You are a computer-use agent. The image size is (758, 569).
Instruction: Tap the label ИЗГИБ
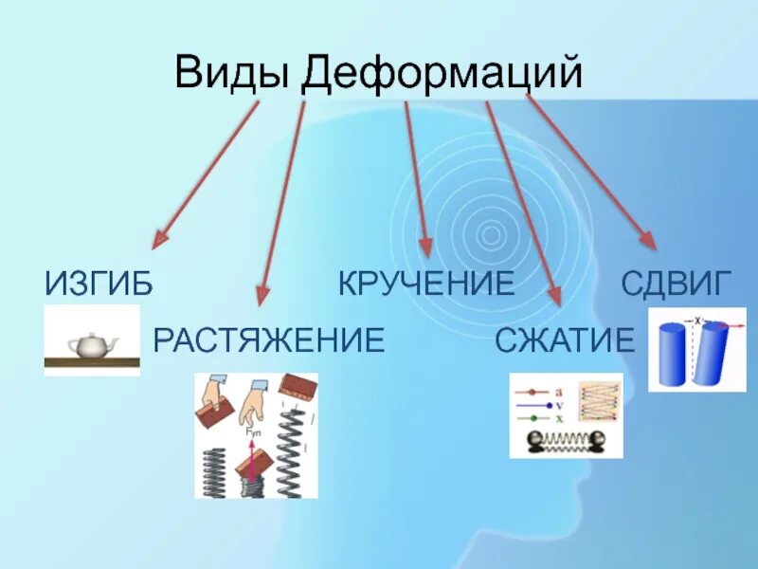coord(99,283)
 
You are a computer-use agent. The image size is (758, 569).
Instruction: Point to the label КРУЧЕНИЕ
coord(426,283)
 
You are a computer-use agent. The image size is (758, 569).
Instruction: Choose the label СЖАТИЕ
coord(564,340)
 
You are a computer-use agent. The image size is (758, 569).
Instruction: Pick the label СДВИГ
coord(677,283)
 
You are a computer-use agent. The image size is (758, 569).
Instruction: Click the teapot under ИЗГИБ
coord(92,344)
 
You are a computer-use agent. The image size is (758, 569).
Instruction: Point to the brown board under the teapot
coord(92,360)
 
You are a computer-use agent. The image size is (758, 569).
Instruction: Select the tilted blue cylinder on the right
coord(713,354)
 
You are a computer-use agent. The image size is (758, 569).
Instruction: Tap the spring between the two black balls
coord(566,440)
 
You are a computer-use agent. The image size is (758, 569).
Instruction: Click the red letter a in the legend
coord(560,389)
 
